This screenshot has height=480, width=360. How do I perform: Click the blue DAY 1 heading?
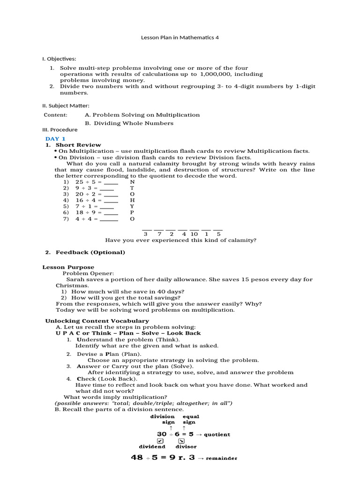[x=55, y=139]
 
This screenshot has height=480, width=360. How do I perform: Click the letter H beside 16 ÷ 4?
[x=132, y=200]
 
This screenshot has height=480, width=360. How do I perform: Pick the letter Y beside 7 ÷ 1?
[x=132, y=206]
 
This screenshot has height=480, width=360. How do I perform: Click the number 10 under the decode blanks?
[x=194, y=233]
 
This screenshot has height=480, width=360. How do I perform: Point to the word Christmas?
[x=72, y=285]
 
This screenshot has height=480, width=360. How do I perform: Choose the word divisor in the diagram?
[x=186, y=447]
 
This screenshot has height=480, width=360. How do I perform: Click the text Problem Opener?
[x=88, y=273]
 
